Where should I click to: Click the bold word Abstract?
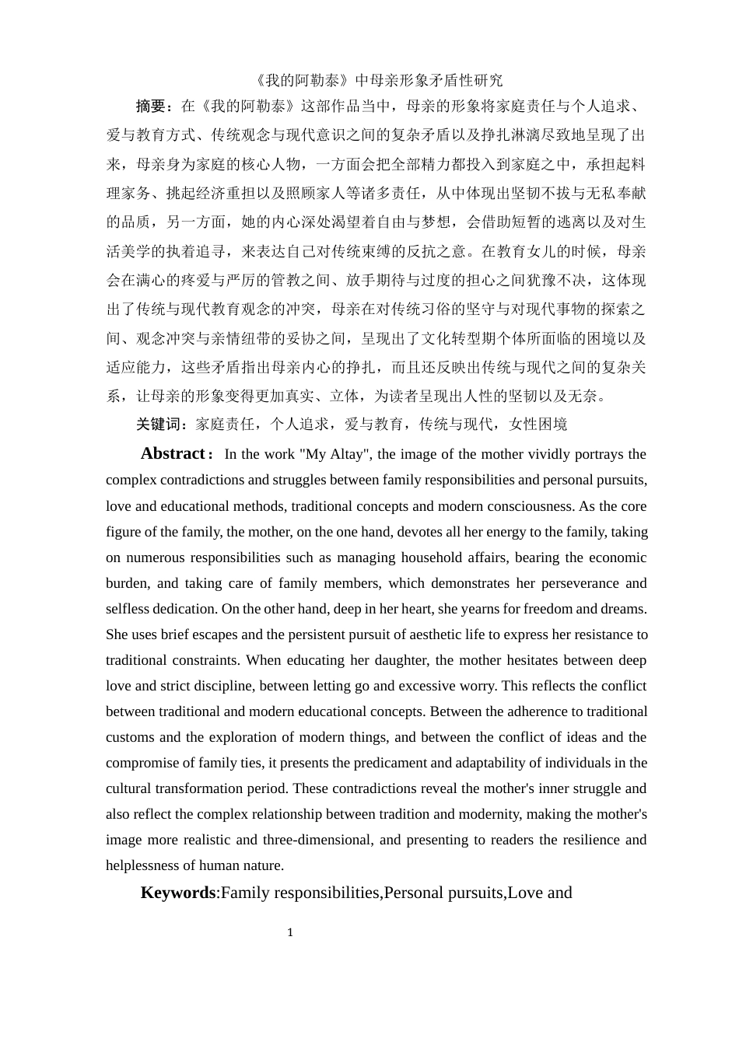pos(172,453)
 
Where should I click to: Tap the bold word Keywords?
pos(177,892)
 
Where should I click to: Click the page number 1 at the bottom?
pos(290,932)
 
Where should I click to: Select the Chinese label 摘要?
pos(151,106)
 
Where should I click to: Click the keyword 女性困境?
pos(538,424)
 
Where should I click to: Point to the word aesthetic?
pos(436,634)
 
